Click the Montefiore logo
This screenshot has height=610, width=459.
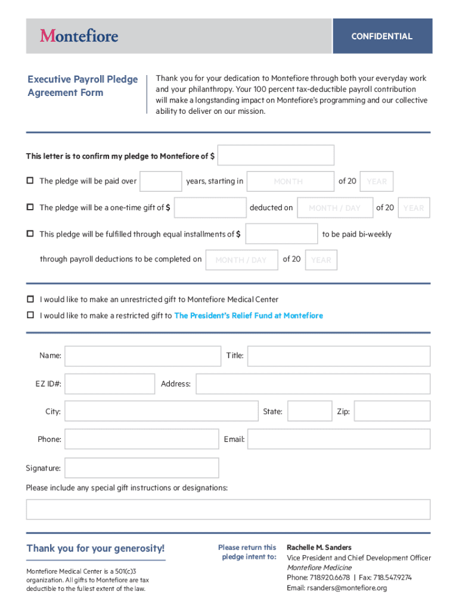(79, 36)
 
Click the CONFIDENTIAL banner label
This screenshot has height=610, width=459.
(382, 36)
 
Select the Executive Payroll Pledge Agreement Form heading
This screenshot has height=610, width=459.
(82, 86)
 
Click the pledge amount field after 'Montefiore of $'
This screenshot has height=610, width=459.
(276, 155)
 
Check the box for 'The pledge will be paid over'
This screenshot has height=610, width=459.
(30, 181)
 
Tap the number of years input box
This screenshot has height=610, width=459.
(160, 181)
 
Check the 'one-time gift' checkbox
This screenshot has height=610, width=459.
(30, 207)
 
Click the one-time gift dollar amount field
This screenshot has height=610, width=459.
(210, 207)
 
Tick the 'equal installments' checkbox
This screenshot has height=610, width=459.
(30, 234)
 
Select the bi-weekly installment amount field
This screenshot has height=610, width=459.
(281, 234)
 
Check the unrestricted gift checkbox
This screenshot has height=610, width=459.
(30, 299)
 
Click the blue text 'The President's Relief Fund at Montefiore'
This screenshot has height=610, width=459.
(248, 316)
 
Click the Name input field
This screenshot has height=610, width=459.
(142, 356)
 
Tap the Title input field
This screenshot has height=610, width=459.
(338, 356)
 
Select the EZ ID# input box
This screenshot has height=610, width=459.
(109, 384)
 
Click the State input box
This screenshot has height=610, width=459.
(309, 411)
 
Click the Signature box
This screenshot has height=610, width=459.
(141, 468)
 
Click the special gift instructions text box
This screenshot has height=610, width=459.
(228, 509)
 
